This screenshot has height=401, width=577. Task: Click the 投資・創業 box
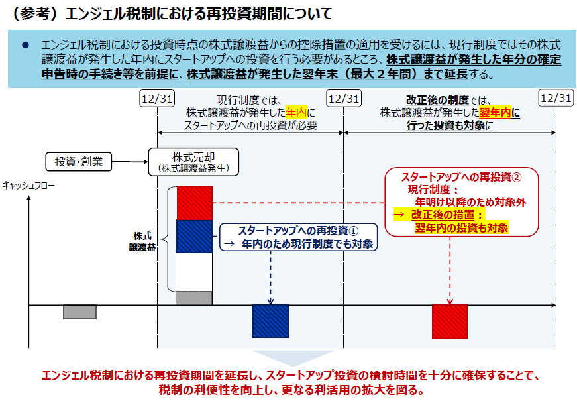click(x=78, y=162)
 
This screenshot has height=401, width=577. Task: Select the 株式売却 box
click(x=193, y=162)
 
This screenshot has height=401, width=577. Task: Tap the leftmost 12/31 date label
click(x=157, y=99)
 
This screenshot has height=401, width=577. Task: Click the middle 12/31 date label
click(x=344, y=99)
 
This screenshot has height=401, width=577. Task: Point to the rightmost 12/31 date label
click(x=556, y=98)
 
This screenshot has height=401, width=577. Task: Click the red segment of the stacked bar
click(x=194, y=203)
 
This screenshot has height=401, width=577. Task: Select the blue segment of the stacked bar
click(x=194, y=237)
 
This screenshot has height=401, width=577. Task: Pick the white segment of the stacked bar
click(x=194, y=272)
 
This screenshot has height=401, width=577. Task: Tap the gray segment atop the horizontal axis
click(x=194, y=298)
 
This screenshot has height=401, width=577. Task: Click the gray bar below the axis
click(x=80, y=312)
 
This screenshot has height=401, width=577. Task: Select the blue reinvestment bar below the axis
click(x=270, y=321)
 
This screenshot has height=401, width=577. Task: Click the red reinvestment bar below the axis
click(x=450, y=322)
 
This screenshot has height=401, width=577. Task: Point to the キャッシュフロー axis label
click(x=28, y=185)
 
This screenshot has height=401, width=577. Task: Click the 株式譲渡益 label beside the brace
click(x=142, y=241)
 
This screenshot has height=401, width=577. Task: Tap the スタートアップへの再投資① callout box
click(x=298, y=237)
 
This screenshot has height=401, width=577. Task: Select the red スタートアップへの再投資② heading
click(x=462, y=177)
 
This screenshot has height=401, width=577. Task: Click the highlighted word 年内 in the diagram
click(x=296, y=112)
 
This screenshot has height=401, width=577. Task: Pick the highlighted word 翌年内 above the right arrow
click(x=496, y=113)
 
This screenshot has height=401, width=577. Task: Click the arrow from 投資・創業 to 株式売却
click(x=130, y=162)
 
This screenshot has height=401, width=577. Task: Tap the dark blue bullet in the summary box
click(x=25, y=46)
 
